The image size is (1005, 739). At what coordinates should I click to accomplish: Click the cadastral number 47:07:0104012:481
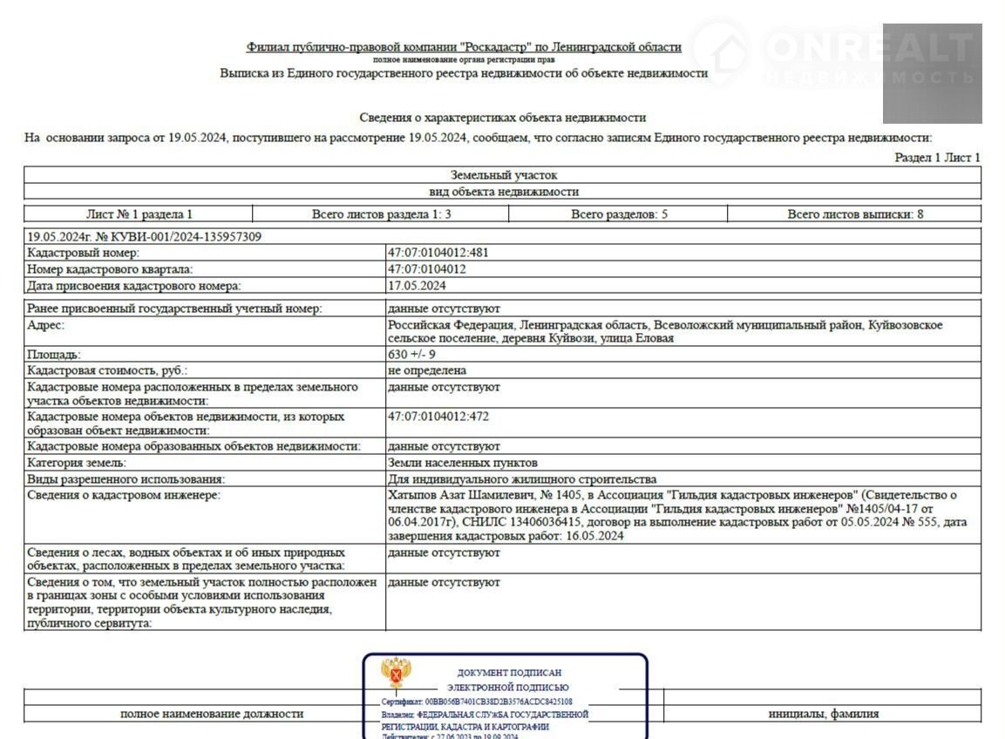pos(438,253)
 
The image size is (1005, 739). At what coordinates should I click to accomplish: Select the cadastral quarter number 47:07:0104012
pos(427,269)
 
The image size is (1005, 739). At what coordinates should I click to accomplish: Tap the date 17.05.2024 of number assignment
pos(417,286)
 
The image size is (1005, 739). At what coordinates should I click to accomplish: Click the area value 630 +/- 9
pos(412,355)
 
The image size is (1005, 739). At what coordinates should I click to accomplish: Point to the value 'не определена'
pos(427,370)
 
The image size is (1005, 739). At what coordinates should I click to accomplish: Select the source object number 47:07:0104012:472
pos(438,417)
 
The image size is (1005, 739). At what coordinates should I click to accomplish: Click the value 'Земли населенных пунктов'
pos(463,463)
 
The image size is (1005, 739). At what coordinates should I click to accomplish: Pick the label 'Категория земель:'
pos(77,463)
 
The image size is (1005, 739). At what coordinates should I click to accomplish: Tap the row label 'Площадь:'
pos(54,355)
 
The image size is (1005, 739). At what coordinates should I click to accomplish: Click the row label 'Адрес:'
pos(46,325)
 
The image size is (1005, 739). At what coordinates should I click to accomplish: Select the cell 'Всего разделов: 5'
pos(619,214)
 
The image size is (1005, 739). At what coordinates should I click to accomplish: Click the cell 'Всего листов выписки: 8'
pos(855,214)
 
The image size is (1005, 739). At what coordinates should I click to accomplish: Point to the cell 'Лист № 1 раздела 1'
pos(139,214)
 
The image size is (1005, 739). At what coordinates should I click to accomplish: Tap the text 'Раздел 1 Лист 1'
pos(937,158)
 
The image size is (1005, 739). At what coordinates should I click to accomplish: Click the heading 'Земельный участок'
pos(503,175)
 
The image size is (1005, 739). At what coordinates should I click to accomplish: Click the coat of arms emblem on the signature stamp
pos(397,675)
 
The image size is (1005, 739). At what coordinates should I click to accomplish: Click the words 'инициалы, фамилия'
pos(823,714)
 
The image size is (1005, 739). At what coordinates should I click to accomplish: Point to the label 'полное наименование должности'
pos(212,714)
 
